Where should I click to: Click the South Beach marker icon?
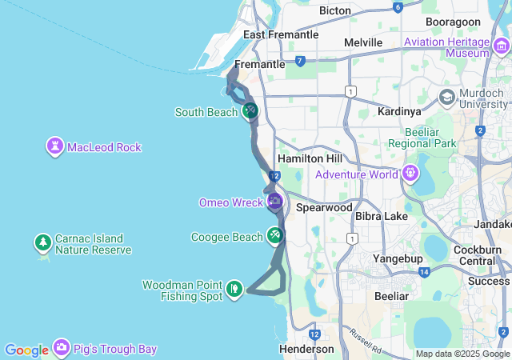click(250, 111)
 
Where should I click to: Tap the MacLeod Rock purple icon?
click(55, 146)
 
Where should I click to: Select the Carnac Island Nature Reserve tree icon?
click(42, 242)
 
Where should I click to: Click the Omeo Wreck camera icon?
click(275, 202)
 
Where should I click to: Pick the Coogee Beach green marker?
click(275, 236)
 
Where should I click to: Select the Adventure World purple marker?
click(410, 173)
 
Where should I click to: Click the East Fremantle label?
click(281, 34)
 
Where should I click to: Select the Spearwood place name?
click(324, 207)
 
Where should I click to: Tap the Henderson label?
click(306, 349)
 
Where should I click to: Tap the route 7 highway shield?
click(299, 61)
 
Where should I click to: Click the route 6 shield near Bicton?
click(398, 7)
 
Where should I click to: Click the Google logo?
click(26, 350)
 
